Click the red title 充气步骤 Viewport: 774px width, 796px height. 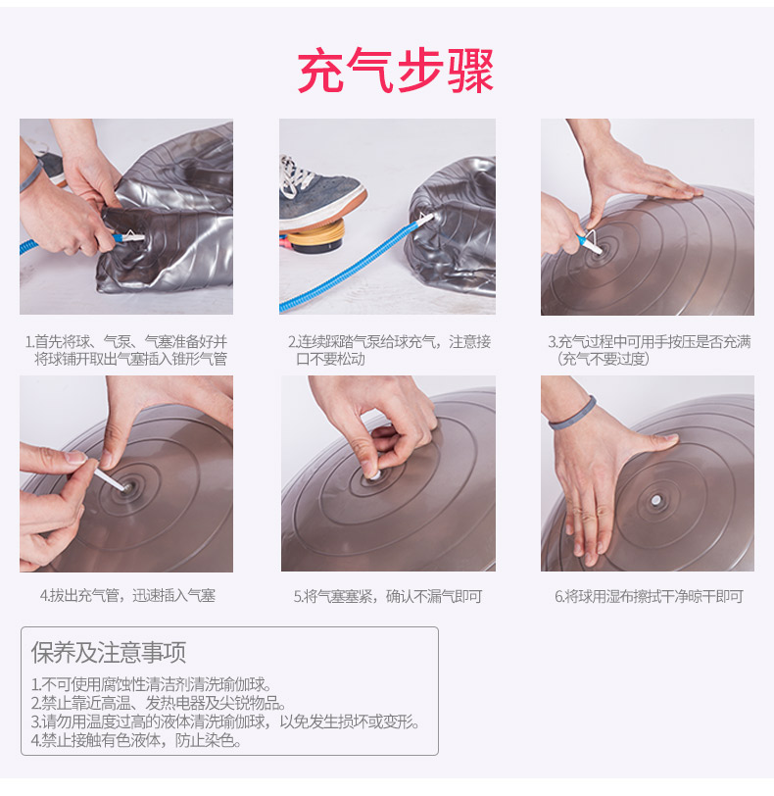click(396, 71)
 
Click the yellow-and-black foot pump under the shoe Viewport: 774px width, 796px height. click(314, 240)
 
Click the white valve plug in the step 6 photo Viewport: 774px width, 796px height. click(655, 501)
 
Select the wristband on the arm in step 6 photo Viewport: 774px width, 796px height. click(572, 415)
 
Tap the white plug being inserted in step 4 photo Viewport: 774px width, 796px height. click(112, 479)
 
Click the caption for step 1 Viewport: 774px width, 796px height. click(126, 350)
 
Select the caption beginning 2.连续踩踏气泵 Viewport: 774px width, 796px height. click(389, 350)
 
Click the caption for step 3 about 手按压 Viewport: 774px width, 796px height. click(650, 350)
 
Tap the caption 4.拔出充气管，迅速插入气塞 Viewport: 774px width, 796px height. click(127, 595)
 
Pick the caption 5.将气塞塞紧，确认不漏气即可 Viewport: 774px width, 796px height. click(388, 596)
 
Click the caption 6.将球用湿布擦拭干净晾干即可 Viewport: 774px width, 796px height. click(650, 596)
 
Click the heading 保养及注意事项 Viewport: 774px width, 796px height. click(109, 652)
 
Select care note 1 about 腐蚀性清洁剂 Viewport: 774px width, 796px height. click(152, 685)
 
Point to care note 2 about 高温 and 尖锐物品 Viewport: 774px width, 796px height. click(159, 703)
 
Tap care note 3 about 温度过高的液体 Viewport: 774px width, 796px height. click(225, 721)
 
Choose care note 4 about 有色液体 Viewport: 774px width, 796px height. click(136, 740)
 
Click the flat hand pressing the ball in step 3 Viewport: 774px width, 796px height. click(639, 178)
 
